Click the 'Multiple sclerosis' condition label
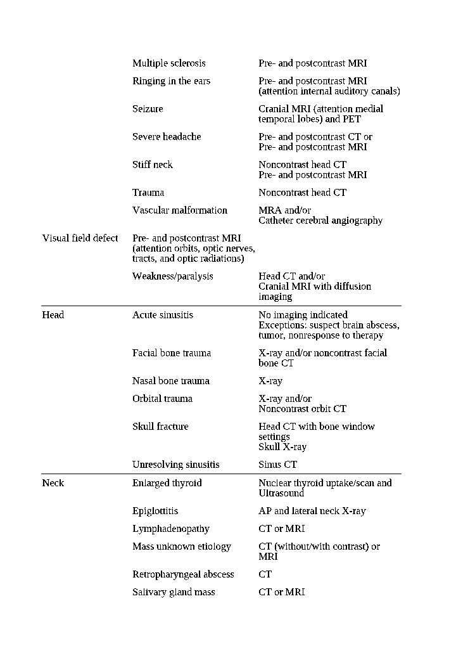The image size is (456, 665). point(168,63)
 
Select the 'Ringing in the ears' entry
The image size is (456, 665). point(171,81)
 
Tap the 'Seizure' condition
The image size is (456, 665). point(148,109)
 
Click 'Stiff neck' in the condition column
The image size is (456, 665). point(153,165)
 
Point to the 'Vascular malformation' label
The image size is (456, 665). point(179,210)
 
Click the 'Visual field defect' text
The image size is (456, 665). point(80,238)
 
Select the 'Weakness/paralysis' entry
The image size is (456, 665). point(172,276)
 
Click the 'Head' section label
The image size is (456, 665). point(53,315)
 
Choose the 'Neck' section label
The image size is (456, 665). point(53,483)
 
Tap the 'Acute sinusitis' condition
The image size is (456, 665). point(163,315)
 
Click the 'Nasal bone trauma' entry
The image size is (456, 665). point(170,381)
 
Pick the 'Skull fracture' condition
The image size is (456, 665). point(160,427)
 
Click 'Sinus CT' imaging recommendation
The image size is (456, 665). point(277,465)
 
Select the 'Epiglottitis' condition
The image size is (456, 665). point(155,511)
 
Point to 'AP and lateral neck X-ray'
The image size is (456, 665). point(312,511)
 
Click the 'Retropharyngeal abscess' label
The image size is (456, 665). point(183,574)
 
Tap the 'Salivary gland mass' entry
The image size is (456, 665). point(174,592)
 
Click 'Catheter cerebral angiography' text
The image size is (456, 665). point(320,221)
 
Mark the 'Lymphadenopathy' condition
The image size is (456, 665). point(170,529)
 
